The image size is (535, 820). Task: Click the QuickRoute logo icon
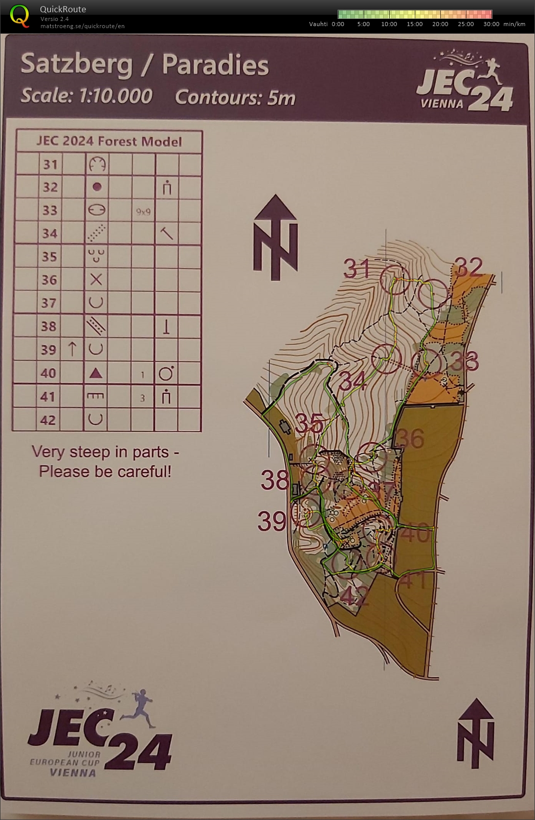click(19, 15)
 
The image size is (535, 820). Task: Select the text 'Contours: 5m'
click(235, 97)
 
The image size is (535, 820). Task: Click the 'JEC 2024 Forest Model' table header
click(109, 142)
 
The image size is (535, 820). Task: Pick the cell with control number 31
click(50, 165)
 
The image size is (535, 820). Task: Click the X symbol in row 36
click(96, 280)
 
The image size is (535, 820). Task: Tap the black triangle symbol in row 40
click(96, 373)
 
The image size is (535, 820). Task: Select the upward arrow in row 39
click(72, 349)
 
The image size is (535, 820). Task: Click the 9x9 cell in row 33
click(143, 211)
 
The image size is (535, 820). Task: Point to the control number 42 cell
click(48, 420)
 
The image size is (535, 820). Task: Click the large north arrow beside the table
click(276, 238)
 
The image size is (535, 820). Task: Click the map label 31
click(356, 269)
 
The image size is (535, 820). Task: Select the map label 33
click(464, 362)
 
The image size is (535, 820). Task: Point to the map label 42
click(354, 596)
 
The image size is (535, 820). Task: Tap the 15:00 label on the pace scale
click(414, 24)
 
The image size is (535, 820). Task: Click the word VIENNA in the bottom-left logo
click(73, 772)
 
